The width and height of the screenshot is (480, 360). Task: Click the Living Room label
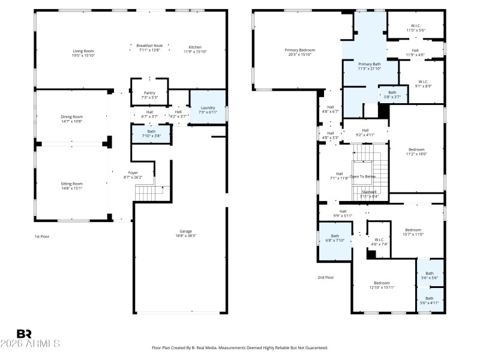(84, 53)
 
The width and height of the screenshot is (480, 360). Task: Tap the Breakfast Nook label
(149, 48)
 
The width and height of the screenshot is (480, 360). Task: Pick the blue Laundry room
(208, 110)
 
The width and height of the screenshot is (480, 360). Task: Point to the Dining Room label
(71, 119)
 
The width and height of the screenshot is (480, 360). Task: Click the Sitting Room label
(71, 185)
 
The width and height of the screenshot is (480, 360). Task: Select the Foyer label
(133, 175)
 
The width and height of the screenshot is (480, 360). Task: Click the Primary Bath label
(370, 66)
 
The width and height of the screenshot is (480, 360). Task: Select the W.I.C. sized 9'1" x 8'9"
(423, 83)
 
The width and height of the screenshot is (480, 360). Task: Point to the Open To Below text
(363, 176)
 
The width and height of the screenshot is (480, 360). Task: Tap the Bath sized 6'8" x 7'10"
(335, 238)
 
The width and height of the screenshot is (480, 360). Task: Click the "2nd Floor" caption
(325, 277)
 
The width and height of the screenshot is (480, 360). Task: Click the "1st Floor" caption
(41, 237)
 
